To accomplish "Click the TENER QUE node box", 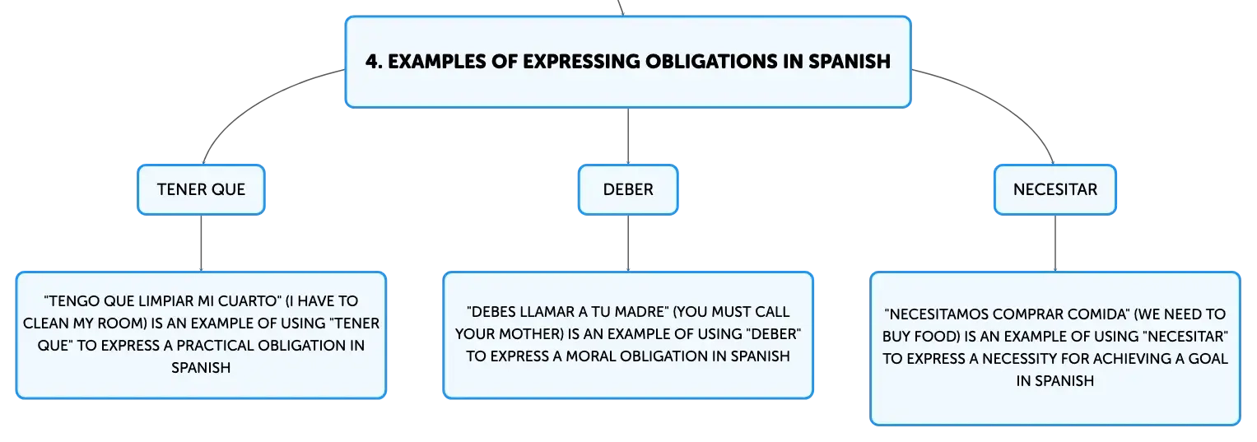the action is click(201, 189).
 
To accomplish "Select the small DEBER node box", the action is click(628, 189).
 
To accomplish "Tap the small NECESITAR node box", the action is click(1055, 189).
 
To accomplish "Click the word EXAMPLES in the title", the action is click(437, 61).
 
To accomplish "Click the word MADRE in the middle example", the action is click(641, 312).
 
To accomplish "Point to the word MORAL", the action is click(590, 356).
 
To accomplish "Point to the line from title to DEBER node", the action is click(628, 137).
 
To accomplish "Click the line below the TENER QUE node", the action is click(201, 244).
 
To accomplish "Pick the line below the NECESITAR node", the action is click(1055, 244).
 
